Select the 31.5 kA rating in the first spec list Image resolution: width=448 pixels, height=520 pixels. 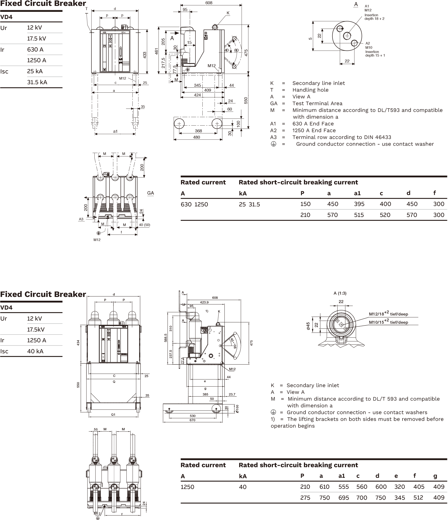(x=37, y=82)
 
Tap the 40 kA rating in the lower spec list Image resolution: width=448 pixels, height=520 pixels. (x=35, y=351)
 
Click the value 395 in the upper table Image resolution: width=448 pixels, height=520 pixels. (x=359, y=204)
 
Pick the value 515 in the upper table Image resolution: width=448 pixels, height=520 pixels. (x=359, y=215)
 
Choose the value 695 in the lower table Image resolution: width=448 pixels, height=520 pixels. (x=343, y=498)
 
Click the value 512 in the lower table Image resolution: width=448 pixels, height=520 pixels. (x=418, y=497)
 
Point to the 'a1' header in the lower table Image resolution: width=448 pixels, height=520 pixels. (x=342, y=476)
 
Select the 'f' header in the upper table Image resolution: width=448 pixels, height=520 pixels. (x=435, y=193)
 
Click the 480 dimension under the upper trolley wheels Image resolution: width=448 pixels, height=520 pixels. (x=196, y=137)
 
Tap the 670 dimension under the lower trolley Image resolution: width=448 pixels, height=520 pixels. (x=192, y=420)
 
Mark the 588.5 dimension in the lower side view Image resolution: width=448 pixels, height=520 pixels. (x=165, y=338)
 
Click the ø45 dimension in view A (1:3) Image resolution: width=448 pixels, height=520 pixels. (x=308, y=326)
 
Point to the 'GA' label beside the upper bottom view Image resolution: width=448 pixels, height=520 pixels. (x=150, y=193)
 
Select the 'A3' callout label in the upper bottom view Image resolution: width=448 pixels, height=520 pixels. (x=81, y=219)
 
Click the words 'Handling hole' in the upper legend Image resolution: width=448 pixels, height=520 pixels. (x=310, y=90)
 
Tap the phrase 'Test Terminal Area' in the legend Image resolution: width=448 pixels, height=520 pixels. (x=317, y=103)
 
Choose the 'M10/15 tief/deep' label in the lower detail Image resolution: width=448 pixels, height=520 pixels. (x=388, y=322)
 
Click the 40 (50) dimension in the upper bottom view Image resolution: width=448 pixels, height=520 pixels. (x=144, y=225)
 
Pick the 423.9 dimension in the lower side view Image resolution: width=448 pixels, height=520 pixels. (x=204, y=302)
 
